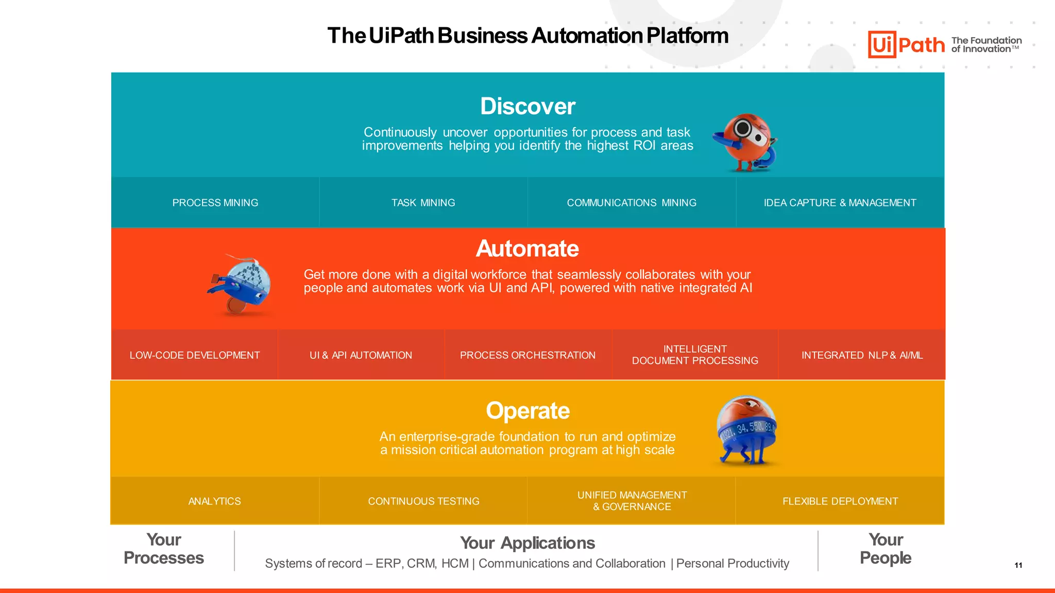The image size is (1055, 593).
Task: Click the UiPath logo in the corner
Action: coord(906,44)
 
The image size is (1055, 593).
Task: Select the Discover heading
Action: coord(527,106)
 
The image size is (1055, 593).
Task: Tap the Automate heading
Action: coord(527,249)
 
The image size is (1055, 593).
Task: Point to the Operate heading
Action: coord(527,411)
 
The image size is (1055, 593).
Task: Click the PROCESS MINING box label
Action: coord(215,203)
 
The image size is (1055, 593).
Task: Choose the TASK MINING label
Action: coord(423,203)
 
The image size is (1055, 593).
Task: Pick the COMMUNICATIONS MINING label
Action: coord(632,203)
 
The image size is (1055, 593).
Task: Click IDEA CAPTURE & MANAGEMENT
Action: coord(840,203)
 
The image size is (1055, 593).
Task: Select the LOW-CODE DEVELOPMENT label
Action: coord(195,355)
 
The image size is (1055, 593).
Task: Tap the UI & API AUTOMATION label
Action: coord(361,355)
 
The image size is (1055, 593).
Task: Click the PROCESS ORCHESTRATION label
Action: coord(527,355)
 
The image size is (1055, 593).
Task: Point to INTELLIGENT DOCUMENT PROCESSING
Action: coord(695,355)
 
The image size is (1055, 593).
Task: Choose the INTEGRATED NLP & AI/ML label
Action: coord(862,355)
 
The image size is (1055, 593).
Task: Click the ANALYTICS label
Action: coord(214,501)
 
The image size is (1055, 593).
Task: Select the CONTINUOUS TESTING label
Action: coord(423,501)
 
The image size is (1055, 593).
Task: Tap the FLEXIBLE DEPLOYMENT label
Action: coord(840,501)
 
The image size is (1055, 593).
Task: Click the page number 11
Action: coord(1018,565)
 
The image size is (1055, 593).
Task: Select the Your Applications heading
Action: coord(527,543)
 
